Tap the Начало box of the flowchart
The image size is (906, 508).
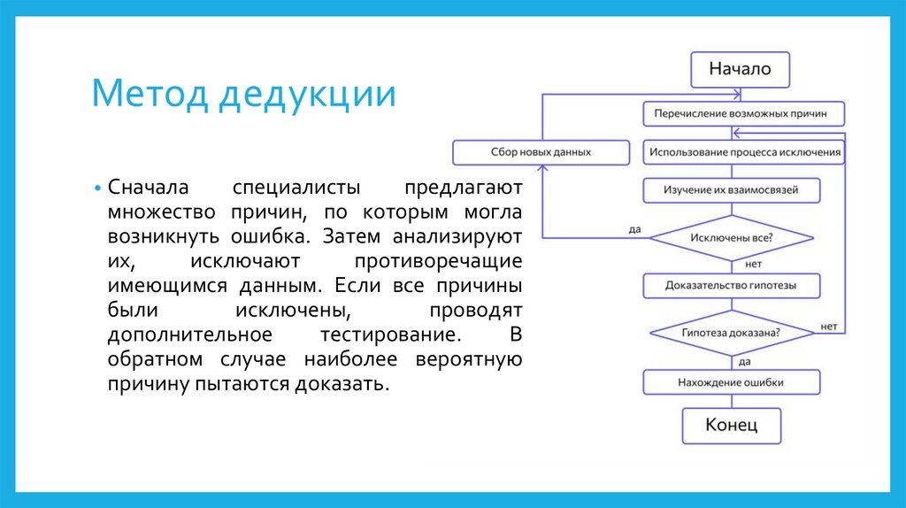click(739, 69)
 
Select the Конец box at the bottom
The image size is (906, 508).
click(731, 425)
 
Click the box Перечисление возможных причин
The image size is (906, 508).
click(744, 114)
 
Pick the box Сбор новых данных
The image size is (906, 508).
click(541, 152)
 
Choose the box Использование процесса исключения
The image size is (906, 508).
click(744, 152)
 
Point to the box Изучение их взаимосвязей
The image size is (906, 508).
click(731, 190)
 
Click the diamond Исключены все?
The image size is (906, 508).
click(731, 238)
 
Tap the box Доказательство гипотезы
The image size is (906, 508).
click(731, 285)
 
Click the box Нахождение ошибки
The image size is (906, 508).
click(731, 382)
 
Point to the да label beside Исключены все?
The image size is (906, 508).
click(634, 229)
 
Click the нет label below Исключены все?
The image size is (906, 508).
click(754, 264)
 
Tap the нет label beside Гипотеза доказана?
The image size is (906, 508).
click(828, 326)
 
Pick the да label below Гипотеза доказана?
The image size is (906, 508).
click(745, 361)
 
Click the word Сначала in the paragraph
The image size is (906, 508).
click(143, 189)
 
